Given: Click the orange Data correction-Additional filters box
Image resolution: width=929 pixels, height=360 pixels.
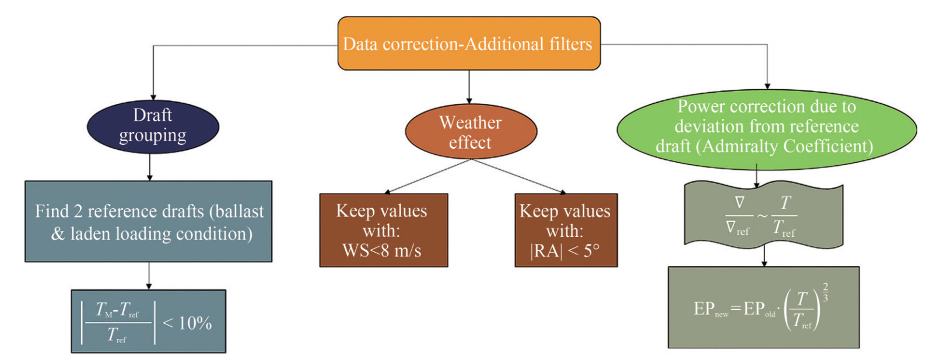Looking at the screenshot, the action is pyautogui.click(x=469, y=44).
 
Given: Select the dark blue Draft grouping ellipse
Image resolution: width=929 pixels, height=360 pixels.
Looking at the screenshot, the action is pyautogui.click(x=153, y=127).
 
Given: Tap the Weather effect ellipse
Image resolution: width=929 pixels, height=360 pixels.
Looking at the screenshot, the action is pyautogui.click(x=471, y=131).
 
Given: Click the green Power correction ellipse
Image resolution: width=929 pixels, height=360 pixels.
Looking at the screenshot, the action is pyautogui.click(x=767, y=129).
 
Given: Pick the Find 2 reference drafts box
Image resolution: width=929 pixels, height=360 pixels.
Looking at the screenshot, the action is pyautogui.click(x=149, y=221).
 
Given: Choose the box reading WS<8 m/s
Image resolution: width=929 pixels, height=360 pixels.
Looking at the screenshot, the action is pyautogui.click(x=384, y=230).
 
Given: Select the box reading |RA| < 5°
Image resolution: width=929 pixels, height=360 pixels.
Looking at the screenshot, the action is pyautogui.click(x=566, y=230).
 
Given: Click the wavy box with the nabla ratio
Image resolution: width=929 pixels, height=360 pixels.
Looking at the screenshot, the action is pyautogui.click(x=763, y=216).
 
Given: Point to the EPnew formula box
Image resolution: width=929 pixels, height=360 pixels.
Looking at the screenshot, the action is pyautogui.click(x=763, y=307).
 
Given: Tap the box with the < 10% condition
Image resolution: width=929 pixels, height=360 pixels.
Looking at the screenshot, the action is pyautogui.click(x=149, y=321).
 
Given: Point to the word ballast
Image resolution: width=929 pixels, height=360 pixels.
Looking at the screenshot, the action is pyautogui.click(x=240, y=211).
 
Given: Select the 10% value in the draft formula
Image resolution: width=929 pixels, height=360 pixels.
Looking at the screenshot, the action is pyautogui.click(x=195, y=323).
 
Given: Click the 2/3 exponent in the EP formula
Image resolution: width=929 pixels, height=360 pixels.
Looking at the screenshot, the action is pyautogui.click(x=825, y=292).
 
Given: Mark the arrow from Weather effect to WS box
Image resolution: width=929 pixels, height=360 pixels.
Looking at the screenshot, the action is pyautogui.click(x=427, y=177).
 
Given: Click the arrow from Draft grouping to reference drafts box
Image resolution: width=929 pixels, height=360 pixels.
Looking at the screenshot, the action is pyautogui.click(x=150, y=167).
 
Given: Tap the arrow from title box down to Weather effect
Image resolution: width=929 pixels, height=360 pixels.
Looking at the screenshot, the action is pyautogui.click(x=469, y=87).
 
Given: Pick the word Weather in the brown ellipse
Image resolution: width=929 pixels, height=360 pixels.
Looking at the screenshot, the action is pyautogui.click(x=470, y=123).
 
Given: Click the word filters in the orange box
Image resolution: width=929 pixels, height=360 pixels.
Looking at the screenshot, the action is pyautogui.click(x=571, y=44).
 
